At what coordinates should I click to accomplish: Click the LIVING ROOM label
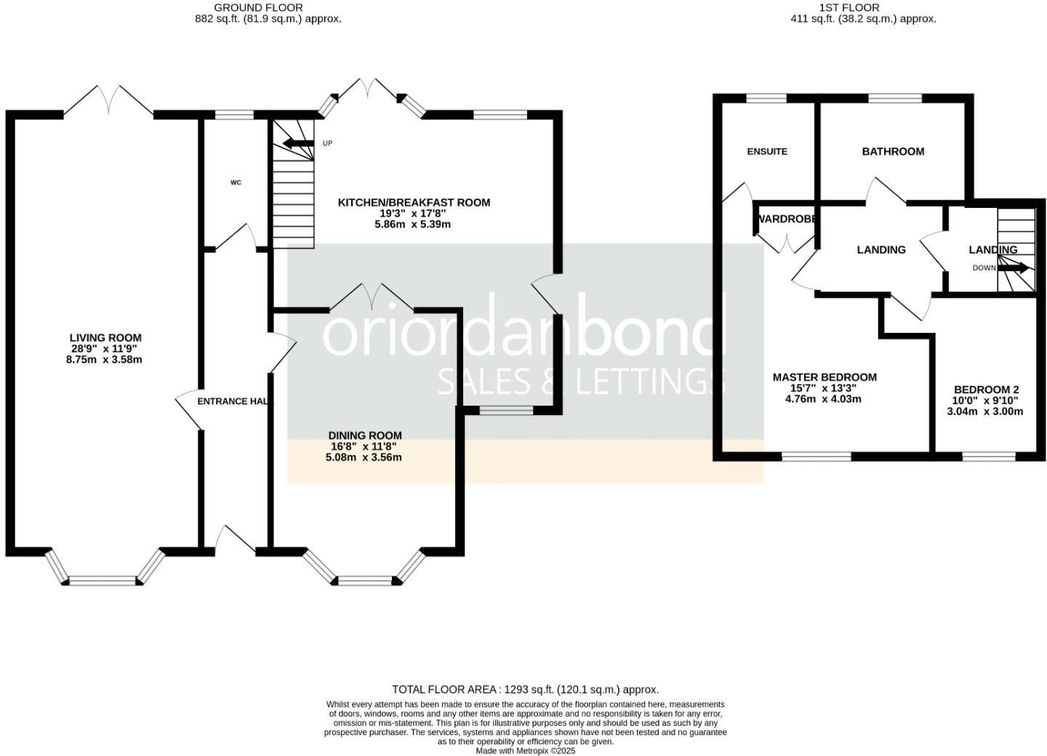tap(105, 337)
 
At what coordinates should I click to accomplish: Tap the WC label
tap(236, 182)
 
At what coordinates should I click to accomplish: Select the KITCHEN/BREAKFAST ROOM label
tap(414, 202)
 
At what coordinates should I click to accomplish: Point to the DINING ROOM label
tap(364, 435)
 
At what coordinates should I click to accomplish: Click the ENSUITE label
tap(767, 151)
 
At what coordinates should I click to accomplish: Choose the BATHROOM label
tap(893, 151)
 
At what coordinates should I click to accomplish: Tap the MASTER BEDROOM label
tap(825, 377)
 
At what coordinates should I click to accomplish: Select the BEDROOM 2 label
tap(986, 389)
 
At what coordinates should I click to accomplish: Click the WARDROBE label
tap(787, 219)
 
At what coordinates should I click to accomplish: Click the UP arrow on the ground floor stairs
tap(297, 143)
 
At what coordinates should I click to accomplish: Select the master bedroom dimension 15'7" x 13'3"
tap(824, 388)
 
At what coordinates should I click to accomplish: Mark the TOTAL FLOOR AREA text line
tap(525, 689)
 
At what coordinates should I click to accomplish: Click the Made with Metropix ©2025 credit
tap(525, 751)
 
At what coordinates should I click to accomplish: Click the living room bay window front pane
tap(103, 580)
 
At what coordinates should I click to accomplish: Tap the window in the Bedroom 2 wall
tap(989, 457)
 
